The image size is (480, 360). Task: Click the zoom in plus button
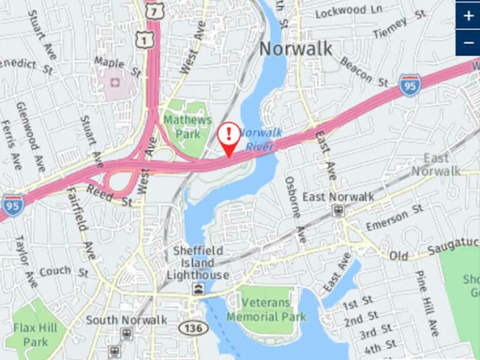click(468, 16)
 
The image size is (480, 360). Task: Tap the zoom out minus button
click(468, 42)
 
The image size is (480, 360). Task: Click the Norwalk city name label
click(296, 48)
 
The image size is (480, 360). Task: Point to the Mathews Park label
click(187, 126)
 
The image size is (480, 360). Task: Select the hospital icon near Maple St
click(114, 82)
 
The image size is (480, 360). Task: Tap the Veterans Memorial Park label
click(266, 309)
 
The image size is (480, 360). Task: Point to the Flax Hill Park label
click(36, 334)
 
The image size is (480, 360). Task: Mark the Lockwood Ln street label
click(349, 11)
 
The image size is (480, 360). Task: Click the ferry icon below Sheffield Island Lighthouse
click(198, 288)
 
